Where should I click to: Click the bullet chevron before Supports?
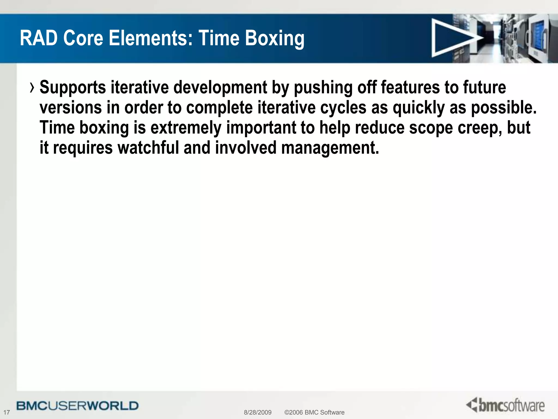click(32, 88)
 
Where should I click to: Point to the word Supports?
click(73, 88)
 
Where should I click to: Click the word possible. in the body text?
click(504, 108)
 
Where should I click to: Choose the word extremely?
click(186, 128)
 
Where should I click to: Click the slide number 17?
click(7, 412)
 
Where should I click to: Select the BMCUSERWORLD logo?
click(78, 406)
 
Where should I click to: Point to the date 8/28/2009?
click(257, 412)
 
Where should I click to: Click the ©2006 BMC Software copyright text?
click(314, 412)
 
